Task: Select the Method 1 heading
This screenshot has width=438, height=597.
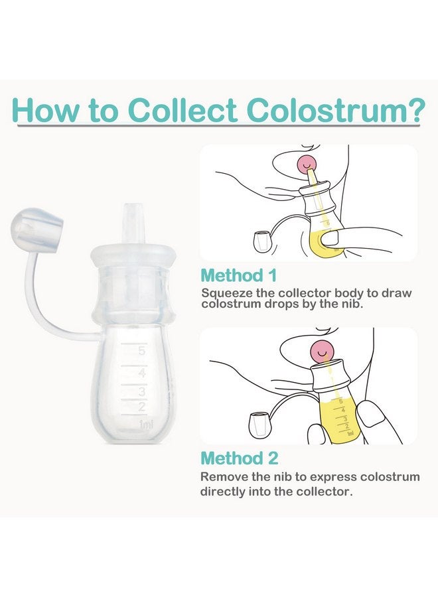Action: [239, 275]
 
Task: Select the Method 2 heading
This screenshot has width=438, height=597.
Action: [240, 458]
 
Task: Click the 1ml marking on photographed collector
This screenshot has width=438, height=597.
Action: [145, 424]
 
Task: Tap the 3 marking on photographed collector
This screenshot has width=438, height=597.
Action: [141, 391]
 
